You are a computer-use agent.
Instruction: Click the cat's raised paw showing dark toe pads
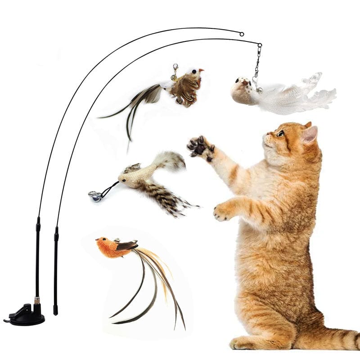point(201,147)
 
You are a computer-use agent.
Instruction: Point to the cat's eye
point(281,133)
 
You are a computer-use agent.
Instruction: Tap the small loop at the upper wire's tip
point(242,34)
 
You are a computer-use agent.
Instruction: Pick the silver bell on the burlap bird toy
point(96,196)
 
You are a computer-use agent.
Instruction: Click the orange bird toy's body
point(108,248)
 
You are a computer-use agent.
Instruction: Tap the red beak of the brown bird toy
point(201,71)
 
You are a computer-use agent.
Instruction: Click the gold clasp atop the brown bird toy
point(174,71)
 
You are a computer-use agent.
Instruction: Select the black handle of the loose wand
point(56,270)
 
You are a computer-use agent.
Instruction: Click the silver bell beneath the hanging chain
point(260,90)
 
